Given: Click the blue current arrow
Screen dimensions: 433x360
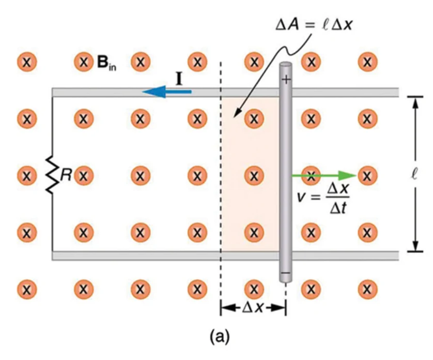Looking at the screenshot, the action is (167, 92).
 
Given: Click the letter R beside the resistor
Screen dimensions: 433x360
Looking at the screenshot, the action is (66, 174).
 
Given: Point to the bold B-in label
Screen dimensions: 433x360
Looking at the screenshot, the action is (107, 63).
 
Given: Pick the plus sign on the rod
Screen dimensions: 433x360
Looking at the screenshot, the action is (286, 80).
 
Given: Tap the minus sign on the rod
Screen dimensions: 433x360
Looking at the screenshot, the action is (286, 273).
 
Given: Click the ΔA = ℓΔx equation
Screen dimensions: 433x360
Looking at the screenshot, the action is (314, 25).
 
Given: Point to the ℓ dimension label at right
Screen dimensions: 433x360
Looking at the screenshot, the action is (414, 174).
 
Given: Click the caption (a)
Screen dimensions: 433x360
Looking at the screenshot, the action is (220, 336).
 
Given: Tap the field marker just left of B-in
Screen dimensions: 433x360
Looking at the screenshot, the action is (84, 62).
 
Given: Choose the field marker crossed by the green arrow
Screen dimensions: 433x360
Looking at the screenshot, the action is (311, 175).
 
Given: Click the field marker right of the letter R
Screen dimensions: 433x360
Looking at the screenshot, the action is (84, 175).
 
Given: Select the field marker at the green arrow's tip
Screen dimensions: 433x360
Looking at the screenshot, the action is (367, 175).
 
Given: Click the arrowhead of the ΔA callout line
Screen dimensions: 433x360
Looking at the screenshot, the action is (236, 114).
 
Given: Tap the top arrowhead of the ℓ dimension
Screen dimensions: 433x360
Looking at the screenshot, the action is (415, 102).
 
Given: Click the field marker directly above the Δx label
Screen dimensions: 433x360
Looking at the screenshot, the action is (254, 289).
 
